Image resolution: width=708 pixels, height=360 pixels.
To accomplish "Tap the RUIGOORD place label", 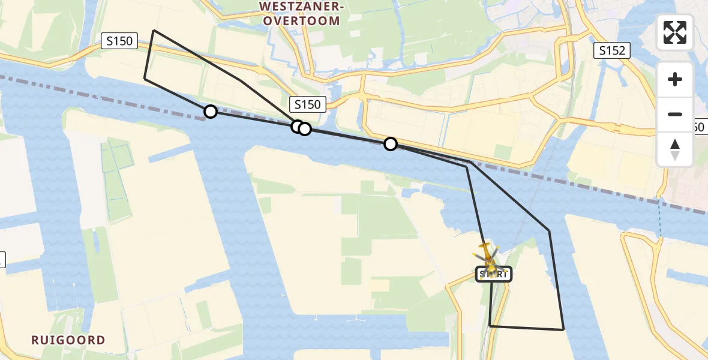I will click(x=68, y=340).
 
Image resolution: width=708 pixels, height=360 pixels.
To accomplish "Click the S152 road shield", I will click(x=613, y=51).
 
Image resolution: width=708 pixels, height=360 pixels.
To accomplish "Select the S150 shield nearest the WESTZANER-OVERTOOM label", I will click(x=307, y=104).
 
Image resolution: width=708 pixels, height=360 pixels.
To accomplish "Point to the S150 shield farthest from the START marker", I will click(x=119, y=41).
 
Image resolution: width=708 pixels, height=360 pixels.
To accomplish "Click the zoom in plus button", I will click(x=675, y=79).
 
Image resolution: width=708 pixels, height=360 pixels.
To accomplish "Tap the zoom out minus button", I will click(x=675, y=114).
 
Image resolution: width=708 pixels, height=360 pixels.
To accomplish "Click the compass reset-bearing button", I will click(x=675, y=149).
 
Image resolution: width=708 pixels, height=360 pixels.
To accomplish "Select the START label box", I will click(x=494, y=275).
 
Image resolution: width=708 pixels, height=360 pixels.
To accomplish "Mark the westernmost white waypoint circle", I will click(x=210, y=112).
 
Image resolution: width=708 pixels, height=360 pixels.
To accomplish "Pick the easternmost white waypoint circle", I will click(x=391, y=143).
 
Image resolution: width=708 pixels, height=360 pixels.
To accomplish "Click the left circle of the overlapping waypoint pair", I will click(x=297, y=127).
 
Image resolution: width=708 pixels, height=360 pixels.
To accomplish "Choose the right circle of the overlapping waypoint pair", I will click(x=305, y=129).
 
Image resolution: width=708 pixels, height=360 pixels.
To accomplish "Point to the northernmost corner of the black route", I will click(x=154, y=30).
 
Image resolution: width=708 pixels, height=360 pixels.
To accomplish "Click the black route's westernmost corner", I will click(x=145, y=79).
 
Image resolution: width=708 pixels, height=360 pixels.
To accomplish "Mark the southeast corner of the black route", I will click(x=563, y=329).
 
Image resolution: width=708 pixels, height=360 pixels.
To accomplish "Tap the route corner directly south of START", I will click(x=490, y=326).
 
